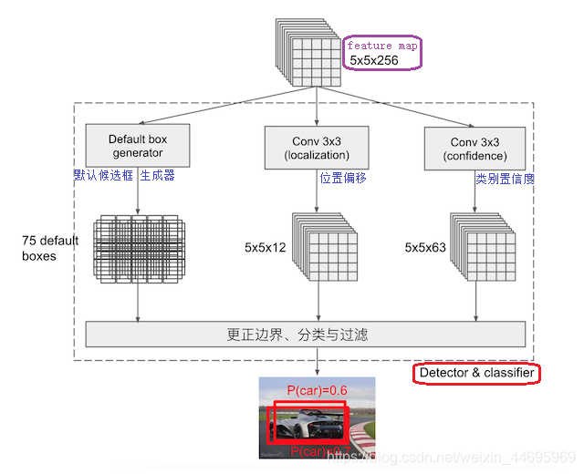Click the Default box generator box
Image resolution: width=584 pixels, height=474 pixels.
point(138,146)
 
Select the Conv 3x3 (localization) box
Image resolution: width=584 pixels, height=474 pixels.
point(317,148)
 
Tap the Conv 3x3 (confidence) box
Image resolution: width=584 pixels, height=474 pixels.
point(475,149)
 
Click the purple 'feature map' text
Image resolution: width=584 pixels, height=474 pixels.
point(382,46)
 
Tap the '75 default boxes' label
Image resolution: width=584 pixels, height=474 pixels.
point(51,248)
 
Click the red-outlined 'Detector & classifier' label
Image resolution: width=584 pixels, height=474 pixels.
point(476,373)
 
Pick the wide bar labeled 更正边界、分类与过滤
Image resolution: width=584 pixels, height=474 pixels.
point(306,335)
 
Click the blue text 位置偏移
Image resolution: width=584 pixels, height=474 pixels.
point(343,179)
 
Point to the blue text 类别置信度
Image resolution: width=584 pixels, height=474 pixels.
point(505,180)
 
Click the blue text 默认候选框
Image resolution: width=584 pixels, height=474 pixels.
point(105,175)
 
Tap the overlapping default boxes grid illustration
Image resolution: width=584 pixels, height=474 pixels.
point(138,248)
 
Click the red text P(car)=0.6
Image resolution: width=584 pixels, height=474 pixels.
point(317,391)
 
